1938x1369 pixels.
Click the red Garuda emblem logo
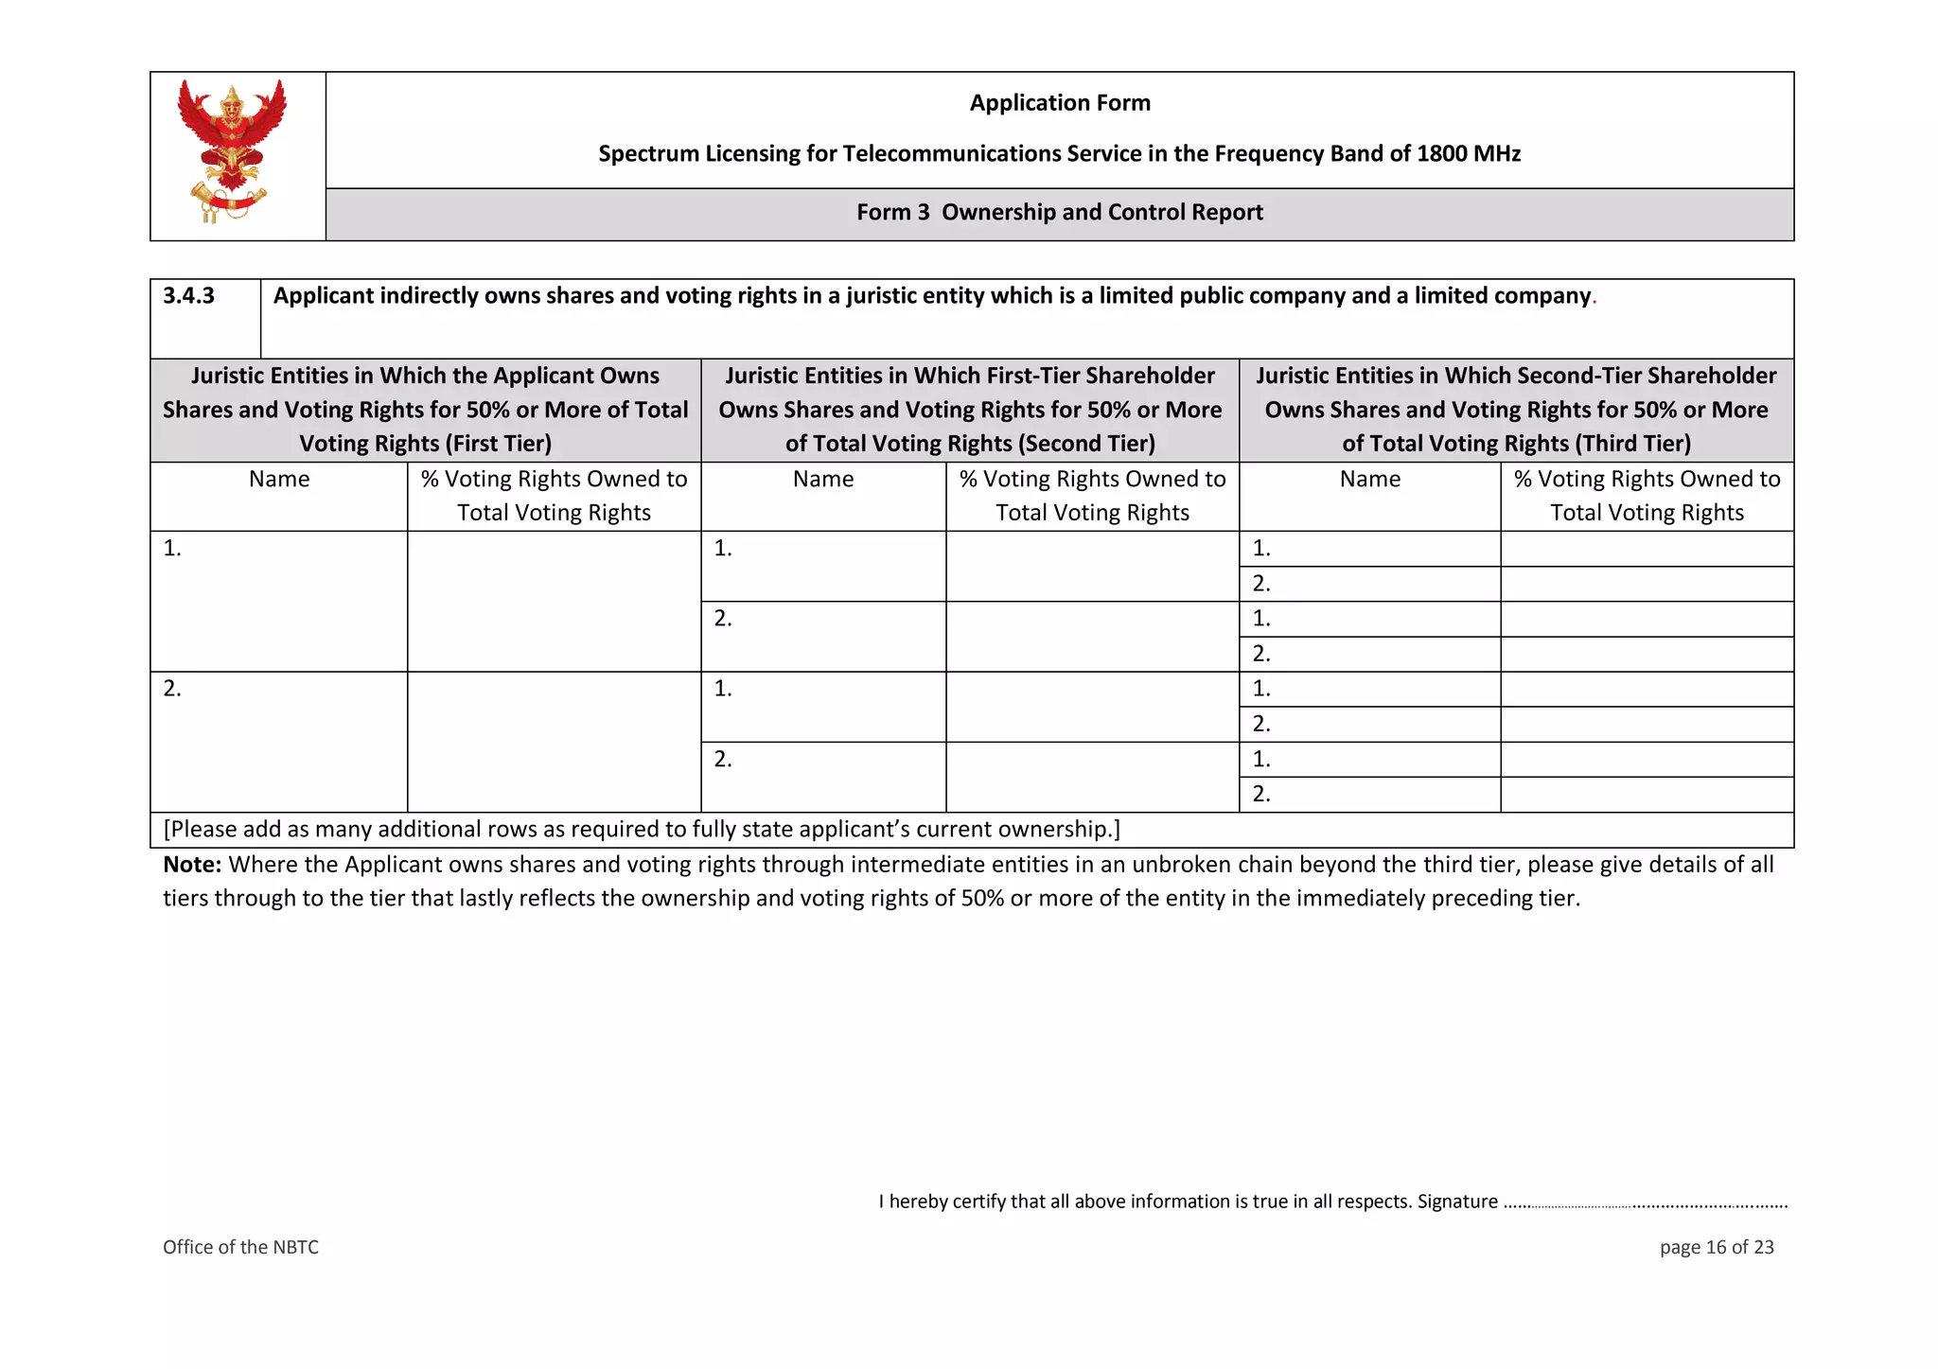pyautogui.click(x=232, y=151)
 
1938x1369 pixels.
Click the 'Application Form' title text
pyautogui.click(x=1060, y=103)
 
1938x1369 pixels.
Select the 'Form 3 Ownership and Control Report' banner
pyautogui.click(x=1060, y=213)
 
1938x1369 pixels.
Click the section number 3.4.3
pyautogui.click(x=189, y=296)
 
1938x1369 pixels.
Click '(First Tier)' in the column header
pyautogui.click(x=501, y=444)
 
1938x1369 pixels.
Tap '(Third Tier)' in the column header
pyautogui.click(x=1632, y=444)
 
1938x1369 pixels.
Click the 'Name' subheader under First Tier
pyautogui.click(x=279, y=480)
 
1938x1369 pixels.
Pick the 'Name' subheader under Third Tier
pyautogui.click(x=1369, y=480)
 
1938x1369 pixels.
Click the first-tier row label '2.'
pyautogui.click(x=172, y=689)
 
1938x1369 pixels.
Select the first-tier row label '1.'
pyautogui.click(x=172, y=549)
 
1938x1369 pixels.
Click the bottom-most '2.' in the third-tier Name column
pyautogui.click(x=1261, y=795)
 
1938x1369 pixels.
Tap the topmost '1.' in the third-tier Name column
pyautogui.click(x=1261, y=549)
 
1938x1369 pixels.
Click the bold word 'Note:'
pyautogui.click(x=192, y=865)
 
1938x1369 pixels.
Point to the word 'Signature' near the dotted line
pyautogui.click(x=1457, y=1202)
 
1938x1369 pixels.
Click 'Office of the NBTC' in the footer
pyautogui.click(x=240, y=1247)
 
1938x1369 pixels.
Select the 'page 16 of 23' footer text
pyautogui.click(x=1716, y=1247)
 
